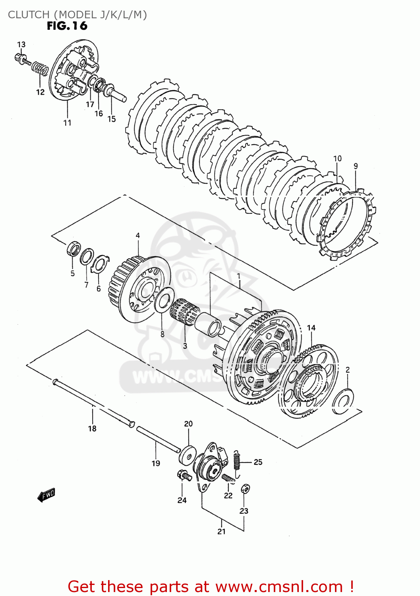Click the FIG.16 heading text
tap(67, 26)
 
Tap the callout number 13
tap(21, 45)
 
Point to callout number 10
tap(337, 159)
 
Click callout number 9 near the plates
tap(356, 166)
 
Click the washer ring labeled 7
tap(87, 257)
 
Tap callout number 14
tap(311, 328)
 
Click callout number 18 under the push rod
tap(92, 428)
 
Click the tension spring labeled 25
tap(237, 463)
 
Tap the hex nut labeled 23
tap(245, 489)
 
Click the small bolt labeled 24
tap(182, 474)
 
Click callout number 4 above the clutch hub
tap(137, 236)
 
